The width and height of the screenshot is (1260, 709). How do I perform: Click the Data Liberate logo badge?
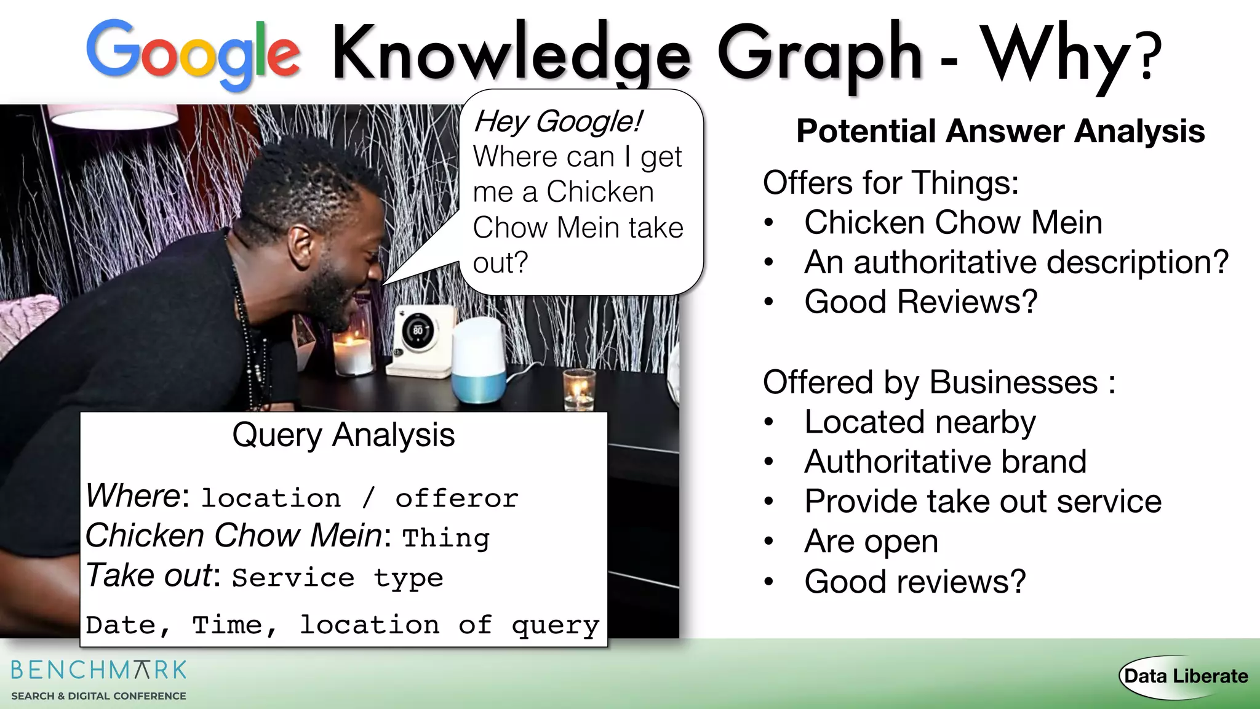(1185, 676)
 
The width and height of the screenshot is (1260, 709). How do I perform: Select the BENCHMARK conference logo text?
(98, 670)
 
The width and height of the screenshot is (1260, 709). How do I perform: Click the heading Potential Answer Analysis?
(1000, 131)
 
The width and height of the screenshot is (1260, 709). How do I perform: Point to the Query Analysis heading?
(343, 435)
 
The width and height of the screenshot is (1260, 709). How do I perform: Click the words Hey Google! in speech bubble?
(557, 121)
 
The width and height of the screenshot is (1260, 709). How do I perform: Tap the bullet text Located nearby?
(920, 422)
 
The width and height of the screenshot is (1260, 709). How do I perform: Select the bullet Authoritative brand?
(945, 462)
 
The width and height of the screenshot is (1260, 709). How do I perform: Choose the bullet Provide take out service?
(983, 501)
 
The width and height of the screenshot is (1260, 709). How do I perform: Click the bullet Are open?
(871, 542)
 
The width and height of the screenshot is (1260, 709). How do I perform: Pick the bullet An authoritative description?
(1016, 262)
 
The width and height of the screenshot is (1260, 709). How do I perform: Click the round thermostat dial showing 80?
(418, 331)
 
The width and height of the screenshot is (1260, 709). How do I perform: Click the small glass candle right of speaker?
(579, 389)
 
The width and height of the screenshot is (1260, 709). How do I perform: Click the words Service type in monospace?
(337, 578)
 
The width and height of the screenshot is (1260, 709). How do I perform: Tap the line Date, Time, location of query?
(342, 625)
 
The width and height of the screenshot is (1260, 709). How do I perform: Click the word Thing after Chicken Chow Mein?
(446, 538)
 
